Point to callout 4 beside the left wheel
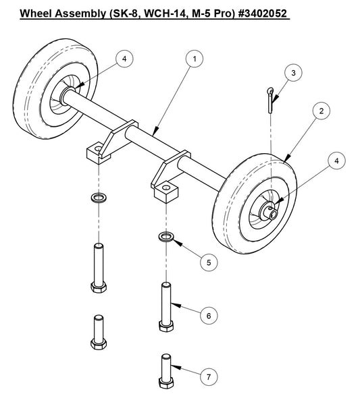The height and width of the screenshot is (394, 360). (x=124, y=59)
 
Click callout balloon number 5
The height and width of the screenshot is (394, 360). (x=212, y=262)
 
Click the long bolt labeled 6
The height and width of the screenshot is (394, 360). (x=166, y=307)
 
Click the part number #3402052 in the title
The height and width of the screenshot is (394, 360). (x=255, y=13)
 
